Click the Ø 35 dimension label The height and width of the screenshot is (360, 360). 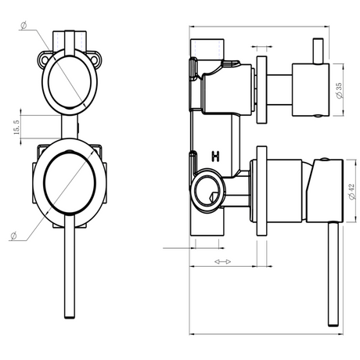click(x=339, y=91)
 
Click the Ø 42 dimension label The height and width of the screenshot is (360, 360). click(x=351, y=192)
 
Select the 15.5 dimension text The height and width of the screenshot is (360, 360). click(x=16, y=128)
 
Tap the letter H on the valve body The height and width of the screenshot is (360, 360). click(x=215, y=157)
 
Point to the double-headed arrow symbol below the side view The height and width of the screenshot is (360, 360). click(x=222, y=261)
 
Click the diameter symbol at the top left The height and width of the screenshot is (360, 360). click(x=23, y=26)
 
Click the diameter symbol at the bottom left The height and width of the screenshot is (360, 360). click(x=13, y=236)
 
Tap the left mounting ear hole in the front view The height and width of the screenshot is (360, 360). click(x=43, y=59)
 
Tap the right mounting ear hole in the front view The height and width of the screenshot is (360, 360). click(x=95, y=60)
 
